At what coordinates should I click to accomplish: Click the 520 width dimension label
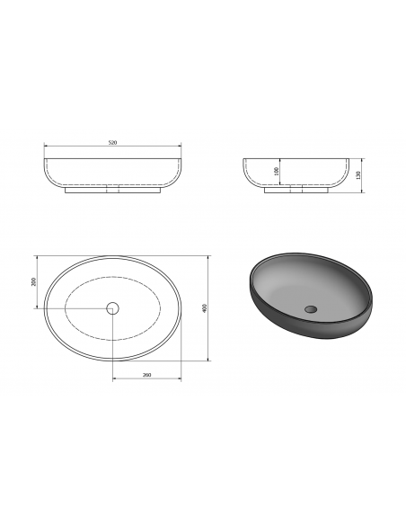click(112, 143)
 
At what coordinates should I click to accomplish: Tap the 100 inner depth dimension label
click(277, 172)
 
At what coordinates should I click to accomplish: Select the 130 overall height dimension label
click(358, 174)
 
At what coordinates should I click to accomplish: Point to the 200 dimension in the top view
click(33, 281)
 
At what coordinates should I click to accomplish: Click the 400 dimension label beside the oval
click(205, 307)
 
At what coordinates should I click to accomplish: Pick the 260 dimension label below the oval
click(146, 375)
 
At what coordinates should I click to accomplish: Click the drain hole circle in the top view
click(112, 308)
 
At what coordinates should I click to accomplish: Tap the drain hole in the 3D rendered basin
click(311, 308)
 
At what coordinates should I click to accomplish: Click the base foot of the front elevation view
click(113, 191)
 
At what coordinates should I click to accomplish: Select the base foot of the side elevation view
click(296, 191)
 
